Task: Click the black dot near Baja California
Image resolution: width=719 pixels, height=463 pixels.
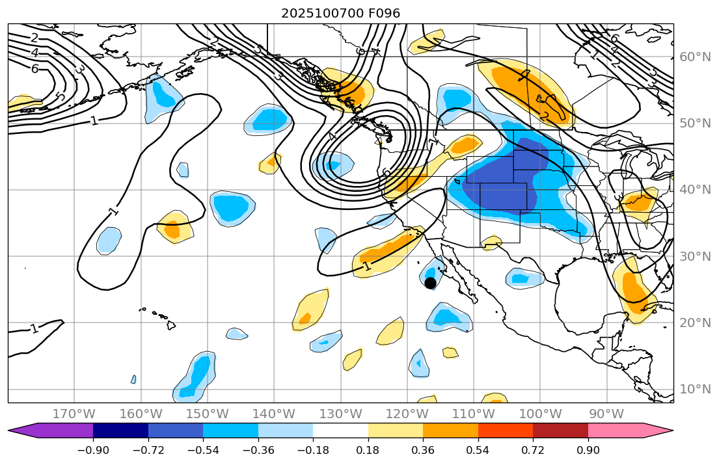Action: [x=430, y=283]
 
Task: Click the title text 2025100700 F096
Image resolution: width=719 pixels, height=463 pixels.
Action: [x=340, y=13]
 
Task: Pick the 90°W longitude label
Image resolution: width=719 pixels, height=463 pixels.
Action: [x=606, y=414]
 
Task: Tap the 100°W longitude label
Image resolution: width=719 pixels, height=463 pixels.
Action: [x=540, y=414]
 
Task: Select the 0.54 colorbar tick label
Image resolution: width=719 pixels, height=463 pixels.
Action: [x=478, y=451]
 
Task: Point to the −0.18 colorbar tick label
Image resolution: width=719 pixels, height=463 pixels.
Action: [x=313, y=451]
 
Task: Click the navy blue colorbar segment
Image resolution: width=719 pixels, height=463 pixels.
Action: [x=120, y=430]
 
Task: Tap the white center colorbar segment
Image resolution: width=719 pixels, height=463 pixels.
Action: [x=340, y=430]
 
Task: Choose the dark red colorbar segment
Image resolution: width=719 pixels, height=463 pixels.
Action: [x=560, y=430]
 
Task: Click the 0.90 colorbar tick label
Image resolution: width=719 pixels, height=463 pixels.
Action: [x=588, y=451]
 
